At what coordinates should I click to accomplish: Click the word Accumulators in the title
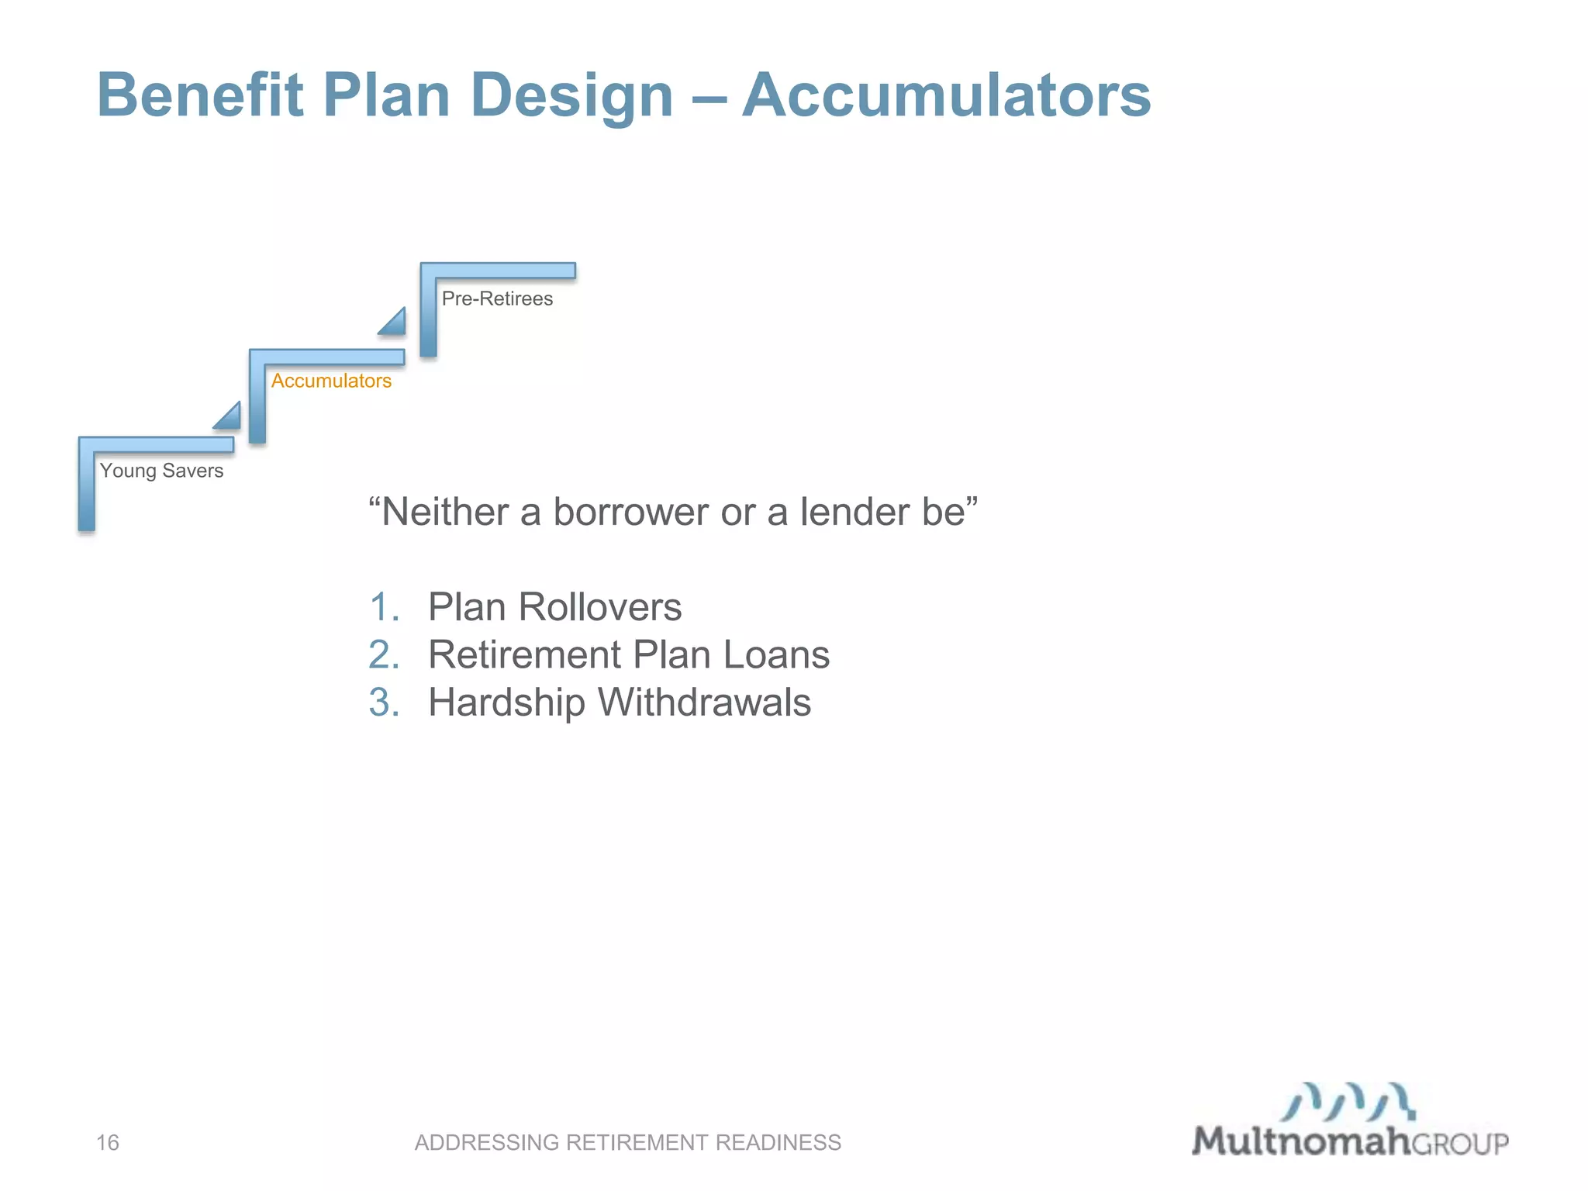(946, 95)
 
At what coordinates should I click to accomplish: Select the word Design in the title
(571, 97)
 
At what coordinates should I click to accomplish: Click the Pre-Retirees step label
(497, 299)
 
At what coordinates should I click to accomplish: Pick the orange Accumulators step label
(331, 381)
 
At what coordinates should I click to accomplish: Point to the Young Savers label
(161, 471)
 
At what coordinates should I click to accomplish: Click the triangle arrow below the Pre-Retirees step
(394, 323)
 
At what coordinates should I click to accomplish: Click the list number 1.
(385, 606)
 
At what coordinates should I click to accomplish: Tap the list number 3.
(385, 703)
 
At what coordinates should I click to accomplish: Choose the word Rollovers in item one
(600, 606)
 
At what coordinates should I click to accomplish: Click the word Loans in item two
(776, 654)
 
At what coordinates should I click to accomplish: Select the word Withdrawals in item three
(704, 703)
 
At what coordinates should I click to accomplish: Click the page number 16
(108, 1142)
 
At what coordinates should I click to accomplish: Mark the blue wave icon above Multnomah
(1348, 1102)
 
